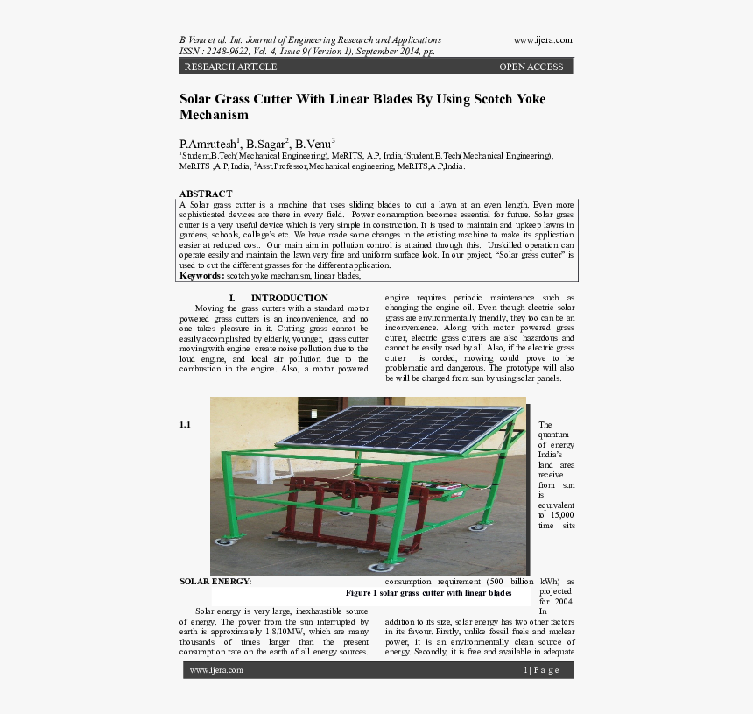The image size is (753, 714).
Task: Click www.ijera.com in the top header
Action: click(x=542, y=40)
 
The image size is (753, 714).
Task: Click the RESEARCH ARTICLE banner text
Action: click(x=230, y=67)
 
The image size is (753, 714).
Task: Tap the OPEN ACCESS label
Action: click(x=531, y=67)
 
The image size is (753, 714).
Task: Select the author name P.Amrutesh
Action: click(x=208, y=144)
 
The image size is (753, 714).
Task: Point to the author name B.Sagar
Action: click(x=265, y=144)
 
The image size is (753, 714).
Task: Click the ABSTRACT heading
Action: click(x=206, y=194)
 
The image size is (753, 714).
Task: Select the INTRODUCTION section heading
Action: click(x=289, y=298)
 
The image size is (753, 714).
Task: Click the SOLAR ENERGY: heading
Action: click(x=215, y=581)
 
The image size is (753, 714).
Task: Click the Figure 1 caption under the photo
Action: click(x=428, y=593)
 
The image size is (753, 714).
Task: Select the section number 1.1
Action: click(x=185, y=425)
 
